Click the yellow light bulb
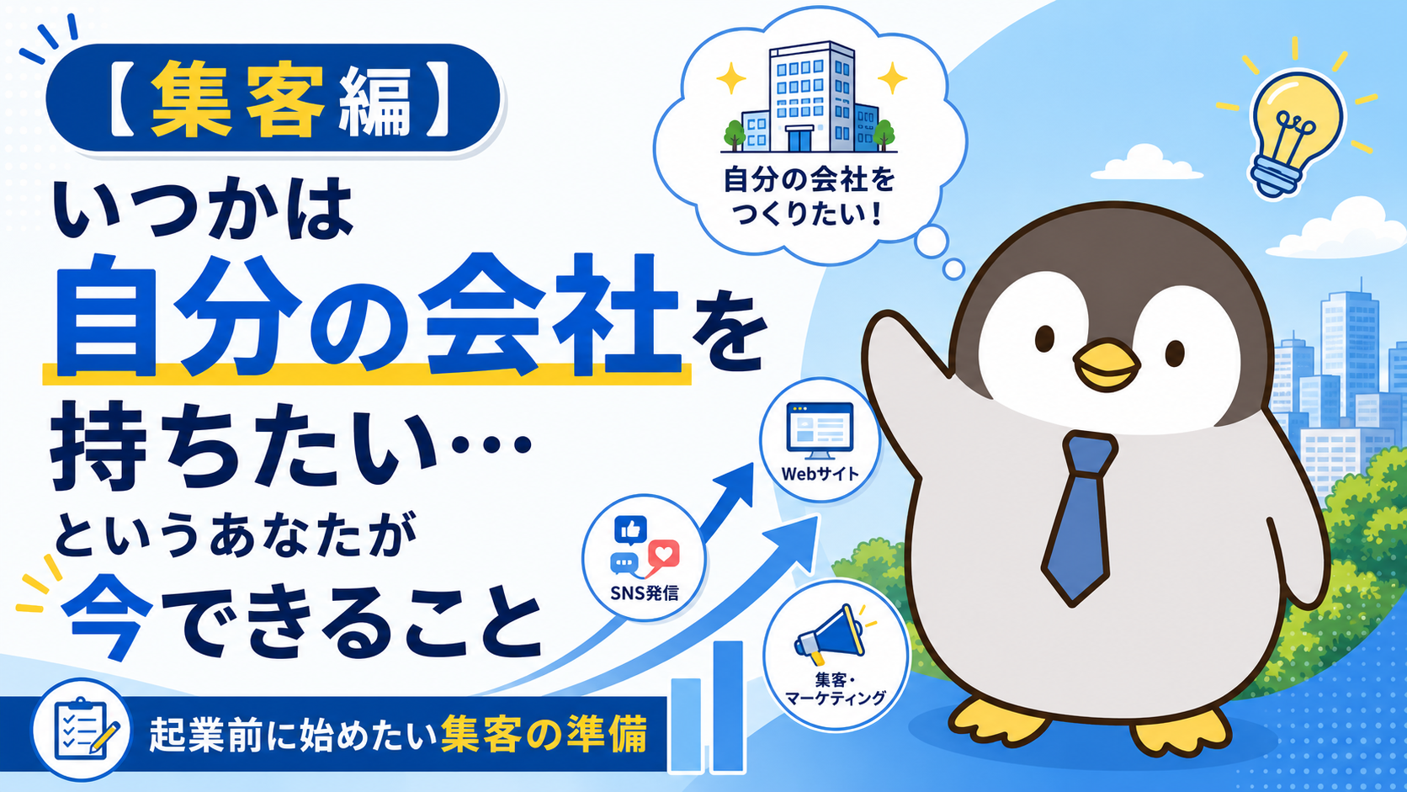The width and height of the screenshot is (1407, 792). pos(1296,135)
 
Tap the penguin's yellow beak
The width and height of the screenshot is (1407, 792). pos(1106,365)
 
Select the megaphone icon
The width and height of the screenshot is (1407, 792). pos(830,635)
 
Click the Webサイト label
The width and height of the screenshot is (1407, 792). pos(820,474)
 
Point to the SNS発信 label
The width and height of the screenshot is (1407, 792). pos(645,593)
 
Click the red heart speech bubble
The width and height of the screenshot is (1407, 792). pos(662,556)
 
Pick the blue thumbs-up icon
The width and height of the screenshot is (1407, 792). pos(630,531)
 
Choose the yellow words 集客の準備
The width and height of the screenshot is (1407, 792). pos(544,734)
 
